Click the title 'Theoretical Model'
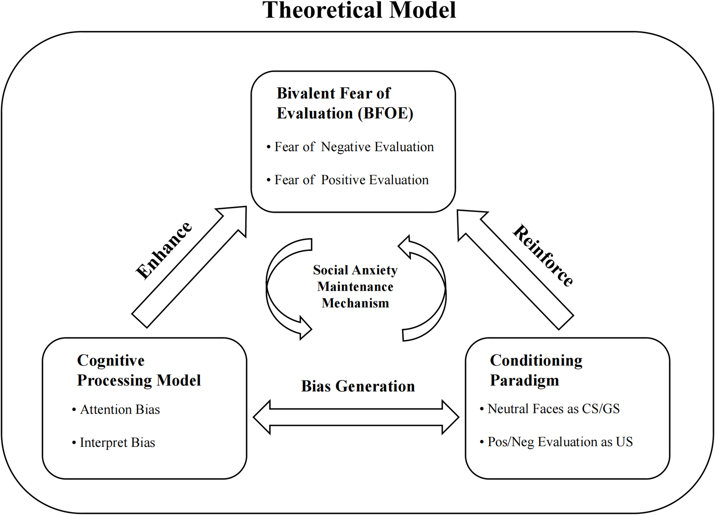(x=359, y=11)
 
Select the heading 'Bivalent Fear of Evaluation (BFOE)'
(x=344, y=103)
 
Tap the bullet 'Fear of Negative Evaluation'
(x=354, y=147)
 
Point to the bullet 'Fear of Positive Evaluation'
(x=351, y=180)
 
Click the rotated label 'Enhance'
(x=164, y=250)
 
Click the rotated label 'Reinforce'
(x=543, y=255)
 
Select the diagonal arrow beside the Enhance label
(x=189, y=267)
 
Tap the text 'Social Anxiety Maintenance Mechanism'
(x=355, y=287)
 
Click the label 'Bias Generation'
(x=357, y=386)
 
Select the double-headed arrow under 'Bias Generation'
(x=356, y=417)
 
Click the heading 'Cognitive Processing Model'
(x=138, y=371)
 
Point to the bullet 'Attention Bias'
(x=120, y=410)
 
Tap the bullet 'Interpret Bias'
(x=117, y=442)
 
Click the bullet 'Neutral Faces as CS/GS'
(x=553, y=409)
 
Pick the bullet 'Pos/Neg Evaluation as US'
(x=560, y=442)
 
